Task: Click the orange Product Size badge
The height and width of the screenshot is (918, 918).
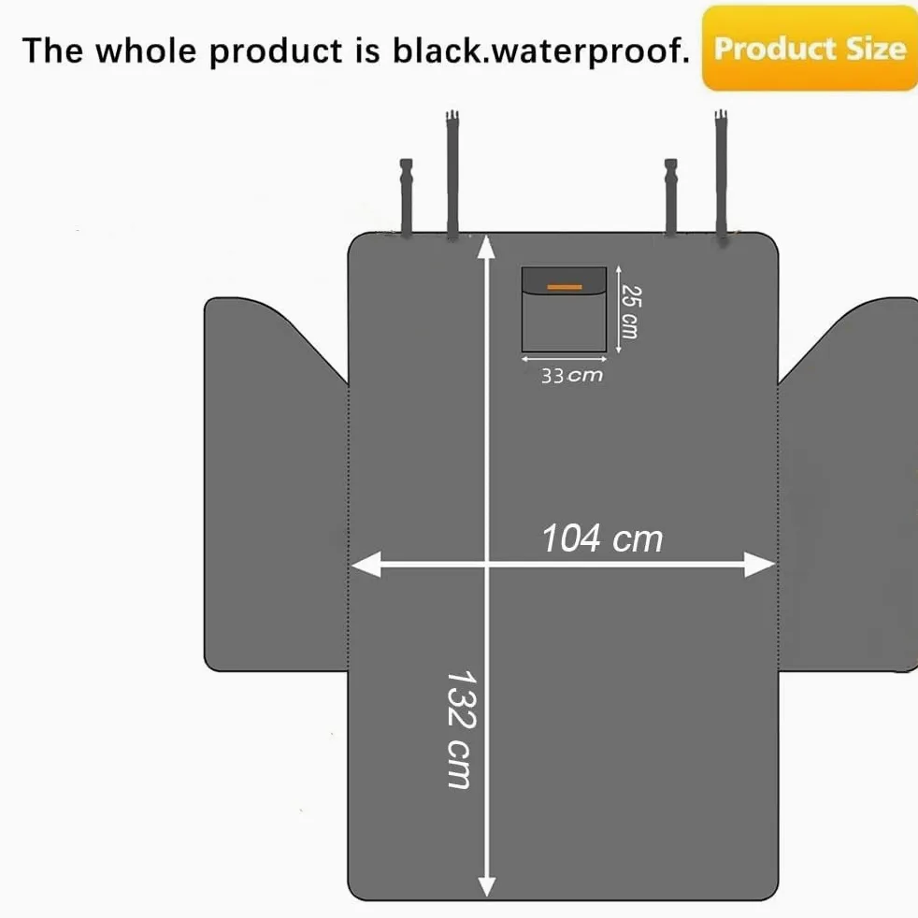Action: (x=810, y=48)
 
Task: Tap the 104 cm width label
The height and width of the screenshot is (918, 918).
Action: (x=602, y=538)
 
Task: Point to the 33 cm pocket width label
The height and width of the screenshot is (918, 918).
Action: (x=571, y=375)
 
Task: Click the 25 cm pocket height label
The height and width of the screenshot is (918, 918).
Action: (x=631, y=311)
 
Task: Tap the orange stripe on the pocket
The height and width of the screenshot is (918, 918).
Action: (x=565, y=287)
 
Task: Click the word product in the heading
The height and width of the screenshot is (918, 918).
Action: (x=275, y=51)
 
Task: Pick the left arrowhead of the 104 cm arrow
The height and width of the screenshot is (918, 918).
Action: (x=366, y=564)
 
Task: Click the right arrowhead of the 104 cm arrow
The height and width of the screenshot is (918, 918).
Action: (x=760, y=564)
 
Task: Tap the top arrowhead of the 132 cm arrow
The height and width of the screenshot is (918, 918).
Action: (x=486, y=247)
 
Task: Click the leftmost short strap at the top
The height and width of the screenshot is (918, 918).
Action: (x=407, y=198)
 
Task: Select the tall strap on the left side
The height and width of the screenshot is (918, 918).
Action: (x=452, y=175)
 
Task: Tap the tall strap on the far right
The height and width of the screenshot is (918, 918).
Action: (x=722, y=177)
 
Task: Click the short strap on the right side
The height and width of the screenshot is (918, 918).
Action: (x=671, y=197)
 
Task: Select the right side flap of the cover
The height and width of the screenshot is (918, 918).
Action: (x=849, y=486)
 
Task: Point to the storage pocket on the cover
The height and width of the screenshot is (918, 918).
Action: (x=564, y=309)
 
